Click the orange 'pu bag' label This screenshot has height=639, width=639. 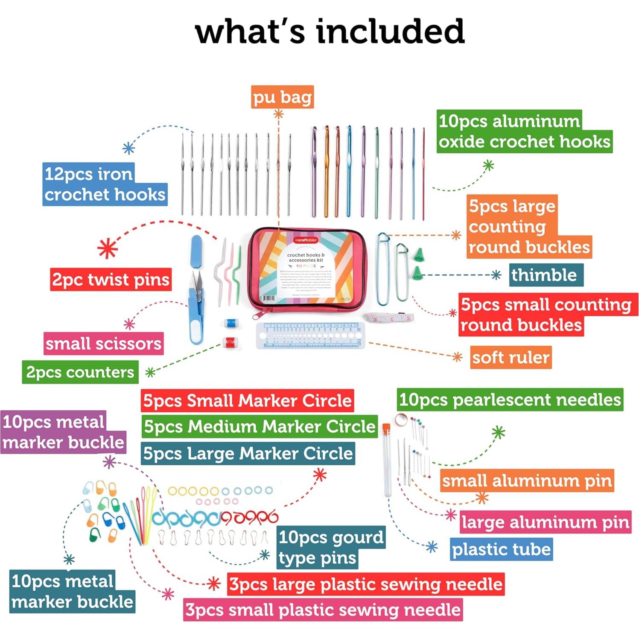pos(282,97)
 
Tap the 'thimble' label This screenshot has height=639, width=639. pos(545,275)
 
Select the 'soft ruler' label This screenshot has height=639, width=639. pos(511,357)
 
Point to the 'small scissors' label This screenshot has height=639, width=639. pos(103,344)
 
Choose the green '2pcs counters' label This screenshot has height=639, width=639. pos(80,372)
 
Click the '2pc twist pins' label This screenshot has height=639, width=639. pos(111,280)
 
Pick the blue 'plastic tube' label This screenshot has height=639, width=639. pos(501,549)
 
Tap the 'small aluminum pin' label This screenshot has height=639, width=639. pos(527,481)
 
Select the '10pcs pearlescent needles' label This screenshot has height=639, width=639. pos(510,400)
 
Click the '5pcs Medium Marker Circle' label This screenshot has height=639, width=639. pos(260,426)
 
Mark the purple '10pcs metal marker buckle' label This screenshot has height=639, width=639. pos(63,432)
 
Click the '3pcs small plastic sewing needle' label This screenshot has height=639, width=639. pos(323,610)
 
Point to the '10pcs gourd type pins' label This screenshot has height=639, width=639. pos(331,547)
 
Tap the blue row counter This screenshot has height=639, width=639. pos(231,323)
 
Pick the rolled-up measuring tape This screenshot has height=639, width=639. pos(390,318)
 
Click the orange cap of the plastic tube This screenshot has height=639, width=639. pos(386,428)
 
